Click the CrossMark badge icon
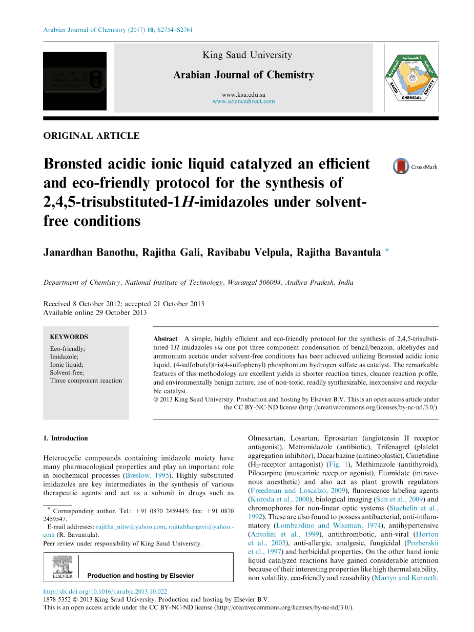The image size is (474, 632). pos(401,166)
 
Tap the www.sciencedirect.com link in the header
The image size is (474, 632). pos(243,101)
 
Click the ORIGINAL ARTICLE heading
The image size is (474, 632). pos(91,136)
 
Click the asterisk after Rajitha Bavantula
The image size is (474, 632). pos(387,251)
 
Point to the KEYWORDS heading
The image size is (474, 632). pos(69,337)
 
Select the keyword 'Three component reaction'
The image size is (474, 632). pos(86,381)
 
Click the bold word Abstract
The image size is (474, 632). pos(165,339)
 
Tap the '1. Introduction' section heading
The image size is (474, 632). pos(66,438)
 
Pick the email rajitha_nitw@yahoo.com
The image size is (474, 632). pos(131,526)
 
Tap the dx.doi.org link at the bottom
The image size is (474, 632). pos(105,591)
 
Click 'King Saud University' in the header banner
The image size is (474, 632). pos(247,55)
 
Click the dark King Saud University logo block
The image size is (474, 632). pos(75,81)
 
